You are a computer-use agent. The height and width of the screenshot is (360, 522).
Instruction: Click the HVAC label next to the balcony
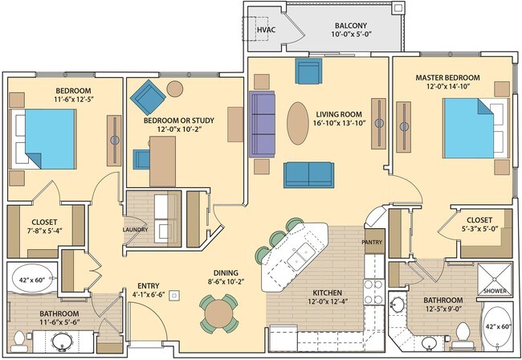266,31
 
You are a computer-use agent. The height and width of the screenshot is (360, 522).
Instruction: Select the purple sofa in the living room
263,124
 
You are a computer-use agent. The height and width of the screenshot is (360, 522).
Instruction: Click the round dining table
219,313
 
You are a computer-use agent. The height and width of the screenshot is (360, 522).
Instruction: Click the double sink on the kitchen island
302,256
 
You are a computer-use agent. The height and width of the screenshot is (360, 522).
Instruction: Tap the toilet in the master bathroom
462,333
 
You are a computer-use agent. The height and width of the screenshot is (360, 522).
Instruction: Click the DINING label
226,272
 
